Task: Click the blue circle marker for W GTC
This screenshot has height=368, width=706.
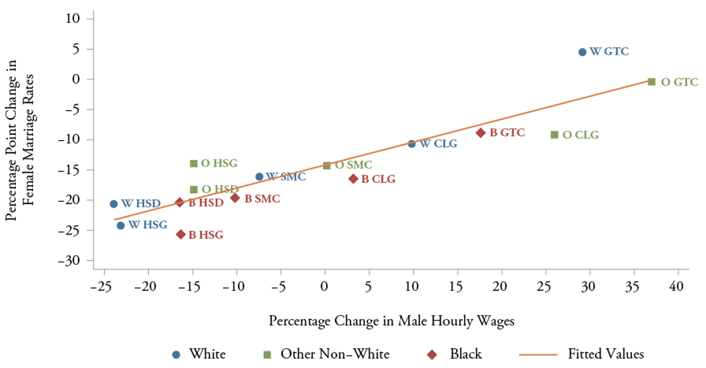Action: pyautogui.click(x=582, y=52)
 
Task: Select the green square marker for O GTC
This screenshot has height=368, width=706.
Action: pyautogui.click(x=652, y=82)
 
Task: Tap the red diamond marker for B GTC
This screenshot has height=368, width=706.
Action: pyautogui.click(x=480, y=133)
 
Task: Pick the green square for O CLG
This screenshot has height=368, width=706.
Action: pyautogui.click(x=554, y=135)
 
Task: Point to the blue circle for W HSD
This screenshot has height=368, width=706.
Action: pyautogui.click(x=114, y=204)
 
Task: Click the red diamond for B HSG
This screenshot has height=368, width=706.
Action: pyautogui.click(x=181, y=234)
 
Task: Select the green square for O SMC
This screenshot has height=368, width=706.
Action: pyautogui.click(x=327, y=166)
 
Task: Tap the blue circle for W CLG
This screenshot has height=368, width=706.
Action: pyautogui.click(x=412, y=144)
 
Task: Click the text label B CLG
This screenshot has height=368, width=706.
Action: pyautogui.click(x=378, y=179)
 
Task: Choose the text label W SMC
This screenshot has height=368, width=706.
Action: pyautogui.click(x=286, y=177)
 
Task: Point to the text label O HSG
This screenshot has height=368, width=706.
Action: pyautogui.click(x=219, y=163)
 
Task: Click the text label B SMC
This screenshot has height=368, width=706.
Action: pyautogui.click(x=262, y=199)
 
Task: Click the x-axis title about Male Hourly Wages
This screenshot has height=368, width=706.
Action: pyautogui.click(x=391, y=321)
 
